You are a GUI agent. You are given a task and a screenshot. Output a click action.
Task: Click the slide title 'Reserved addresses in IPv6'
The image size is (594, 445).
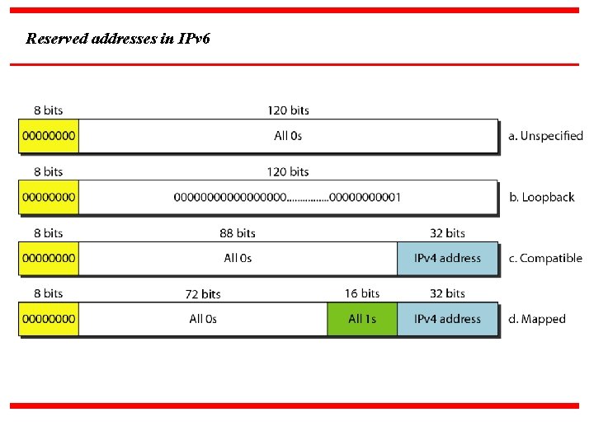pyautogui.click(x=118, y=39)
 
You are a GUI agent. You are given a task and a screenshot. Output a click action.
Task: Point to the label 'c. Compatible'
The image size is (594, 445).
pyautogui.click(x=545, y=258)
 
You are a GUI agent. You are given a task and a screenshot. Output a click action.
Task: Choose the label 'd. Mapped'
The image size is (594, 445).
pyautogui.click(x=537, y=319)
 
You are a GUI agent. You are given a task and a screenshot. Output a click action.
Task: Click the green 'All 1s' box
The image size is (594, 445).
pyautogui.click(x=362, y=319)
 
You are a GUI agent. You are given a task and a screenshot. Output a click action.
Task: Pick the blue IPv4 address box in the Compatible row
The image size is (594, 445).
pyautogui.click(x=447, y=258)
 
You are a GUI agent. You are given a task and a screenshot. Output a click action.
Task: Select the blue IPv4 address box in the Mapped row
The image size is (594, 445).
pyautogui.click(x=447, y=319)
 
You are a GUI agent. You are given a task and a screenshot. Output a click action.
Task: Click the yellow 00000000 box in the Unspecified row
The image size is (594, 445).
pyautogui.click(x=49, y=136)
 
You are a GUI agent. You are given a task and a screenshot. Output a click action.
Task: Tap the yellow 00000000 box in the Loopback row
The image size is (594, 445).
pyautogui.click(x=49, y=197)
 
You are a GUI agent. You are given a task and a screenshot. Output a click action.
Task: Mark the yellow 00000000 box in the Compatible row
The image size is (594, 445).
pyautogui.click(x=49, y=258)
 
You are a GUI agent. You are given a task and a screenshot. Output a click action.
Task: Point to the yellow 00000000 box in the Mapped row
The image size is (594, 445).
pyautogui.click(x=49, y=319)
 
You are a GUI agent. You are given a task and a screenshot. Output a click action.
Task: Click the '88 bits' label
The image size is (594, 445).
pyautogui.click(x=238, y=233)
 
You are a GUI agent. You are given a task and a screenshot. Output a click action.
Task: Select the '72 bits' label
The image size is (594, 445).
pyautogui.click(x=203, y=294)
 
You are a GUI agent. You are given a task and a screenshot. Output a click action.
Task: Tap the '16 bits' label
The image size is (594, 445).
pyautogui.click(x=362, y=293)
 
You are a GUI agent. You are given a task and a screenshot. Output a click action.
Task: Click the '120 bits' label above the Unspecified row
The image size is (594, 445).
pyautogui.click(x=288, y=110)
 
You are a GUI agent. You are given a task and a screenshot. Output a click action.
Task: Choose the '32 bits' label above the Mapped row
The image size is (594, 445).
pyautogui.click(x=447, y=293)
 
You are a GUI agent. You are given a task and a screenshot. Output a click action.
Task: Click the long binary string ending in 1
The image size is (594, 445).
pyautogui.click(x=288, y=197)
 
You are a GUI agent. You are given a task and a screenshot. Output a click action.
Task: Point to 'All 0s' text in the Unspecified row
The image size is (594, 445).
pyautogui.click(x=288, y=136)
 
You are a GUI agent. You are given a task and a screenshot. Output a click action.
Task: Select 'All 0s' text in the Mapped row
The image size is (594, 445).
pyautogui.click(x=203, y=319)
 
